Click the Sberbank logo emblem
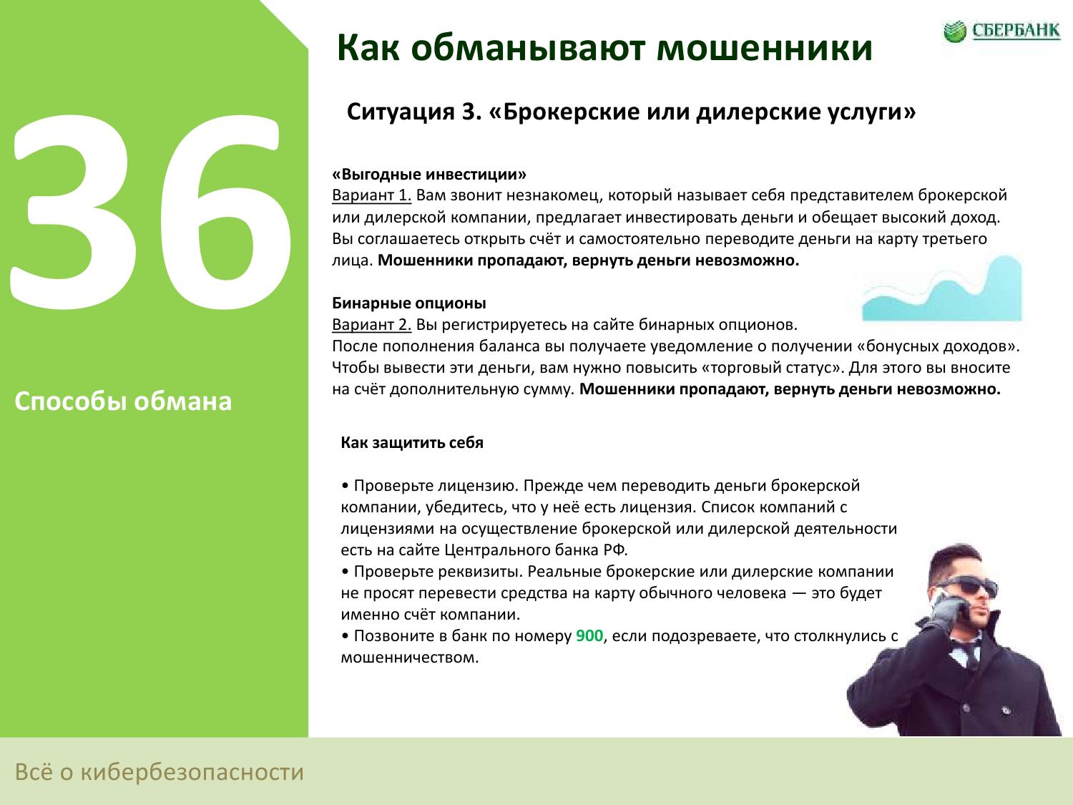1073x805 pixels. [955, 31]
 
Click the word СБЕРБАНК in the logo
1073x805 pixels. [1016, 30]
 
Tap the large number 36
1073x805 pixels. [150, 213]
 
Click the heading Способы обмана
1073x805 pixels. [123, 401]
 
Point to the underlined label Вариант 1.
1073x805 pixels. [371, 195]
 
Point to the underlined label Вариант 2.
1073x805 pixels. [371, 324]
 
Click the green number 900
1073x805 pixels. [589, 635]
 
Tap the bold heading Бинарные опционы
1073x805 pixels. [409, 303]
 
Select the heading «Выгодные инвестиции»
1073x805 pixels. [429, 174]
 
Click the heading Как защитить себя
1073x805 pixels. [412, 442]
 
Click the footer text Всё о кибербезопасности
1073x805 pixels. [160, 772]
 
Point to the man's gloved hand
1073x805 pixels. [946, 613]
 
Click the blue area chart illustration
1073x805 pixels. [942, 288]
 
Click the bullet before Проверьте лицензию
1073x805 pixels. [345, 487]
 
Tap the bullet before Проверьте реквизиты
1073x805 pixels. [345, 572]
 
